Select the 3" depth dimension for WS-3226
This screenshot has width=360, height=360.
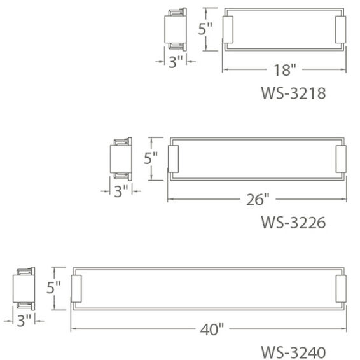(121, 190)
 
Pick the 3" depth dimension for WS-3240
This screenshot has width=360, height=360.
(24, 320)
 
